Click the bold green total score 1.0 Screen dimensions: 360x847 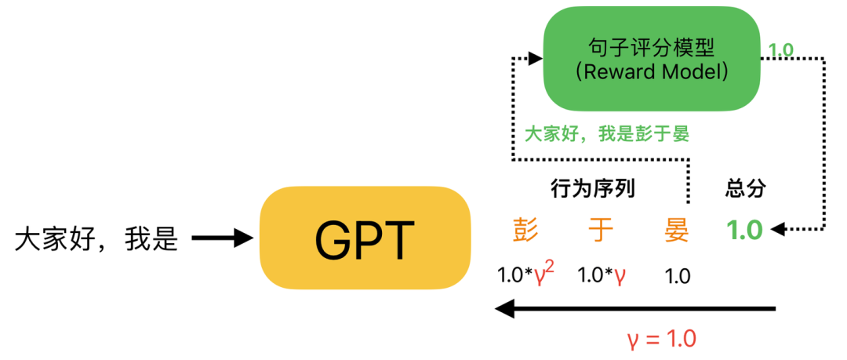[x=744, y=231]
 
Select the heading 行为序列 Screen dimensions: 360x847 [x=592, y=188]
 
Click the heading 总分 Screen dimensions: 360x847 [x=745, y=188]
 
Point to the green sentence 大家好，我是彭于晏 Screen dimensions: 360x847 [x=606, y=134]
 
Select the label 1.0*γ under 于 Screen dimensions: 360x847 [x=602, y=275]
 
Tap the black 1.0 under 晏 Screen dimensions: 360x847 [x=677, y=276]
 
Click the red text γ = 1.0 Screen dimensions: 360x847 [x=661, y=340]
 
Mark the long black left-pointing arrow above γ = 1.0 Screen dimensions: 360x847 [x=635, y=310]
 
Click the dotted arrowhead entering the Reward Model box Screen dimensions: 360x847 [x=536, y=58]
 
